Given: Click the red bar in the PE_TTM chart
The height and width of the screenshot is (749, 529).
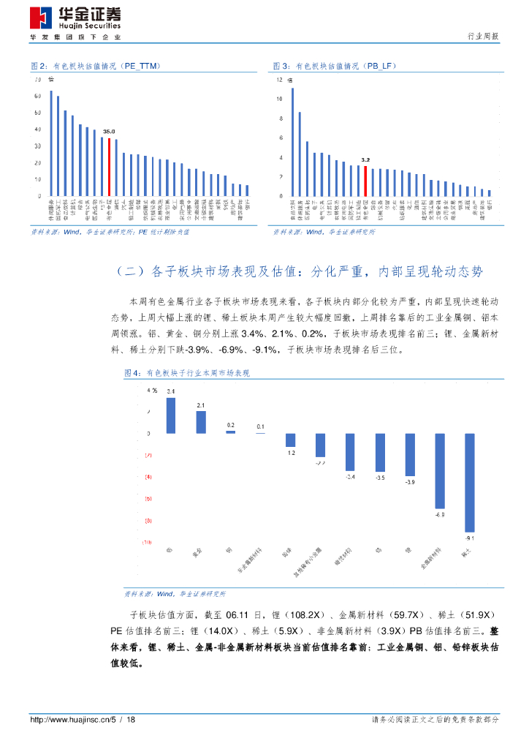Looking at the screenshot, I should click(109, 167).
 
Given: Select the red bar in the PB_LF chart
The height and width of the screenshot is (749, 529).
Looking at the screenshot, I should click(365, 181).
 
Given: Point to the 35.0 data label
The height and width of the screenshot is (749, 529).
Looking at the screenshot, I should click(109, 132).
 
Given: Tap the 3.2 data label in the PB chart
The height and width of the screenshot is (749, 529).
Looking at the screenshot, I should click(365, 159).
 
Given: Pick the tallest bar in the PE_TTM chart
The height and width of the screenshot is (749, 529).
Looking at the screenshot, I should click(51, 143).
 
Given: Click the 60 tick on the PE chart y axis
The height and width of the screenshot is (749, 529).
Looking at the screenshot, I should click(37, 96).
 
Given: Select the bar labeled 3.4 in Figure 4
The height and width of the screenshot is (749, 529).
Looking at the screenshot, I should click(171, 415).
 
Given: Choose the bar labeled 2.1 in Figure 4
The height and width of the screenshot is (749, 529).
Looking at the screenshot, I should click(201, 422).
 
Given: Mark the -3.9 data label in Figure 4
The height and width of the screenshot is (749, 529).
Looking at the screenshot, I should click(410, 482).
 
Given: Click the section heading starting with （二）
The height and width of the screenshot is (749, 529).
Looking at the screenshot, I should click(300, 271).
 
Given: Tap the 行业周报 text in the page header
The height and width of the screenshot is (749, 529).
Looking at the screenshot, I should click(483, 36).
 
